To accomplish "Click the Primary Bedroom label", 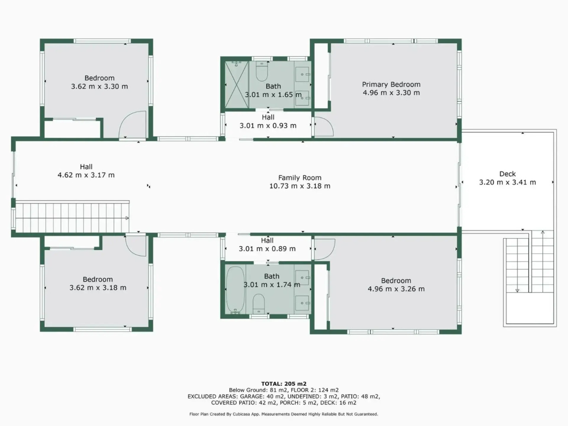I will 391,84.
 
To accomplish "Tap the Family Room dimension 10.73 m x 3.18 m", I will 300,186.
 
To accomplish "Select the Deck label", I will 507,174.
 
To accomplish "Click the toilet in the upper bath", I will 262,72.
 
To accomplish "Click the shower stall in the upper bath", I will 237,84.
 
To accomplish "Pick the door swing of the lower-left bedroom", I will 135,246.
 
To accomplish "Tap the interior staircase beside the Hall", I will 71,218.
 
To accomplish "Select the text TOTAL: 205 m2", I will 284,383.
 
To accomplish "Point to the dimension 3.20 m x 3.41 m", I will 507,182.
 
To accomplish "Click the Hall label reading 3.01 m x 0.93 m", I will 268,126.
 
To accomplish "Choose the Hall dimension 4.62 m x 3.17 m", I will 86,175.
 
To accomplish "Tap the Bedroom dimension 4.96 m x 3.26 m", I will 396,289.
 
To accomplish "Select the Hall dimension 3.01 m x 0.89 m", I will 267,249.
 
